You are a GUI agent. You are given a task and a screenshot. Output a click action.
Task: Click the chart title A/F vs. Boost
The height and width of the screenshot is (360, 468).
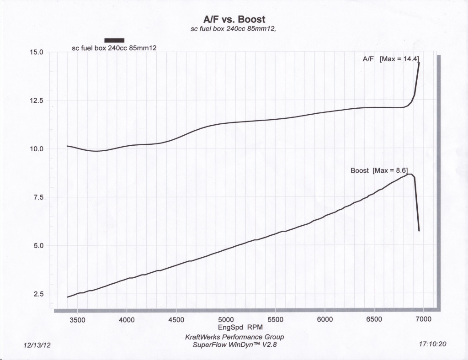234,20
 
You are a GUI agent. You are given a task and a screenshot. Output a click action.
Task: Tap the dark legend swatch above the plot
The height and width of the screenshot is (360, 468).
114,41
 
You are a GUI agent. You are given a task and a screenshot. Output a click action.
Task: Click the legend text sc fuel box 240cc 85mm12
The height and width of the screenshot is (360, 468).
115,48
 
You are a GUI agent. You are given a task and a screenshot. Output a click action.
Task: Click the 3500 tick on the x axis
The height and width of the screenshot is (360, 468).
77,320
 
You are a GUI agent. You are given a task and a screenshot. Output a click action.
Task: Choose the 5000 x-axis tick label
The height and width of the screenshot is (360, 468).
226,320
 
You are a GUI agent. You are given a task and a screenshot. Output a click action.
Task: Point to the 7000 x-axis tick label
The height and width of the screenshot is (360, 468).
424,320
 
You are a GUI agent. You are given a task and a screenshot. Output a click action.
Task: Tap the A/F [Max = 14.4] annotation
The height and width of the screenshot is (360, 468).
391,59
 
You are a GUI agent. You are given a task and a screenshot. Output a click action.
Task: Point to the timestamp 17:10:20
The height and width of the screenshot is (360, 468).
432,344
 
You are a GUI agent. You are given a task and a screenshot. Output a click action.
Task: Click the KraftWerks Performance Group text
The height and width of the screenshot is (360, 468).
234,337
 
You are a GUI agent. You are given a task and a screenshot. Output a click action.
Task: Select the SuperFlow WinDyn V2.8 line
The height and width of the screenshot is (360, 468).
234,344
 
